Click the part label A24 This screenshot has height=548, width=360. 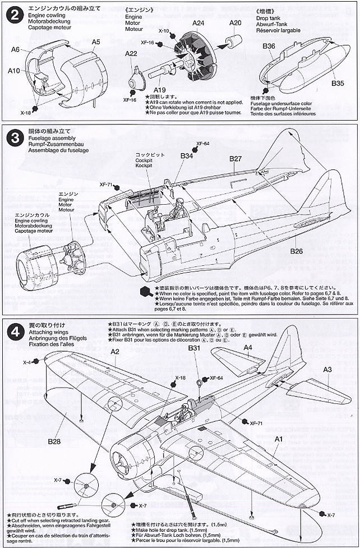coord(197,23)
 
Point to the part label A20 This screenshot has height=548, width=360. coord(236,23)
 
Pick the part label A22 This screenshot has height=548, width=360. coord(131,54)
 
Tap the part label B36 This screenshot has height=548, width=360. coord(269,46)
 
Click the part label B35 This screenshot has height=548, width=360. coord(338,83)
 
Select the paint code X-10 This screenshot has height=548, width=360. coord(164,31)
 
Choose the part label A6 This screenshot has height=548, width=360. coord(16,49)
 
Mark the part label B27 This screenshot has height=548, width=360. coord(236,159)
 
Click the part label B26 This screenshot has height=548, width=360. coord(297,251)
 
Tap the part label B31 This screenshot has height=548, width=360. coord(194,348)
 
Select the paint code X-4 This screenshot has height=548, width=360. coord(27,362)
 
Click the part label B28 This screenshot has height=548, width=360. coord(54,441)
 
